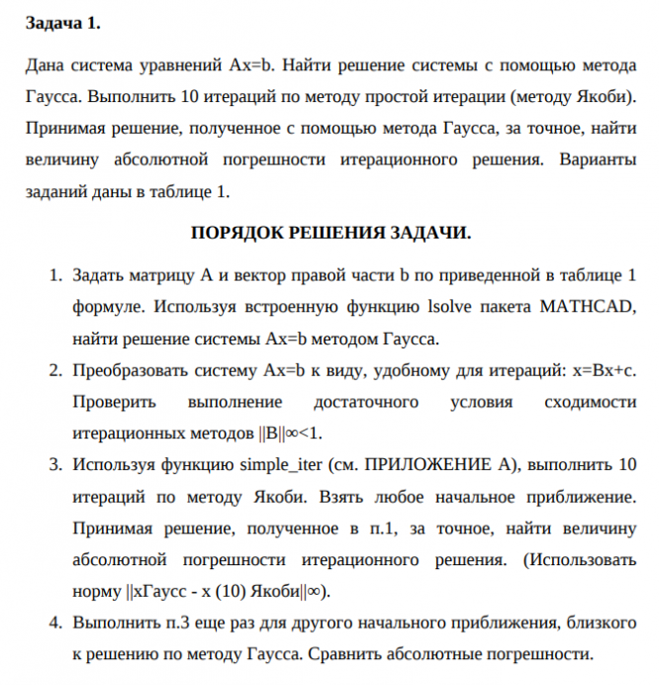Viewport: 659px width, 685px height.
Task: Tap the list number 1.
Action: pos(55,274)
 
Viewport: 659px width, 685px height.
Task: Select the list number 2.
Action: pos(55,371)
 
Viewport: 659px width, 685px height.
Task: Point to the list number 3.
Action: pos(55,464)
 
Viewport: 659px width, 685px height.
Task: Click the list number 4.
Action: pos(55,623)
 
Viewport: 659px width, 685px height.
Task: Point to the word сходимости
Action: pos(591,403)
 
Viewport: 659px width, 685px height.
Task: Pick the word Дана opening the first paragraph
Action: pos(43,66)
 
